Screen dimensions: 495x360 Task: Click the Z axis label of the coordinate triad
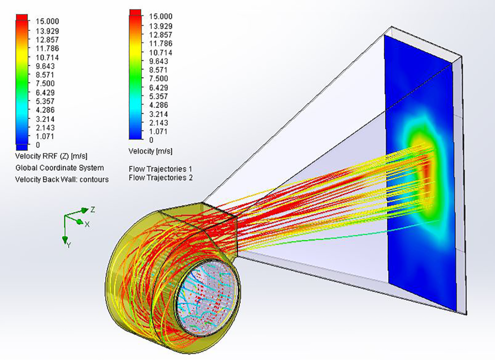(x=93, y=210)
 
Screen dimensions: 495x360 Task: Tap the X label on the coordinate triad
(x=87, y=224)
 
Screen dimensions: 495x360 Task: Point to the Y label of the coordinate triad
(x=69, y=245)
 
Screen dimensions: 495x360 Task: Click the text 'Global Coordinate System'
(x=59, y=168)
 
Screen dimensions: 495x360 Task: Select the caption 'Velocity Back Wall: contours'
(x=62, y=180)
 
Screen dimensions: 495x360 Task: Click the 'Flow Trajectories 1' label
(x=160, y=169)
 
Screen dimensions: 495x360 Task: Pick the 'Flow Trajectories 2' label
(x=160, y=178)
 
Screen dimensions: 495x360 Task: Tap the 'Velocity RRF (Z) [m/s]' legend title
(x=51, y=156)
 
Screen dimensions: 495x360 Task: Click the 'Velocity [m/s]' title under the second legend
(x=151, y=151)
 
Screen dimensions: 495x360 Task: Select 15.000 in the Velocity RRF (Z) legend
(x=47, y=21)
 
